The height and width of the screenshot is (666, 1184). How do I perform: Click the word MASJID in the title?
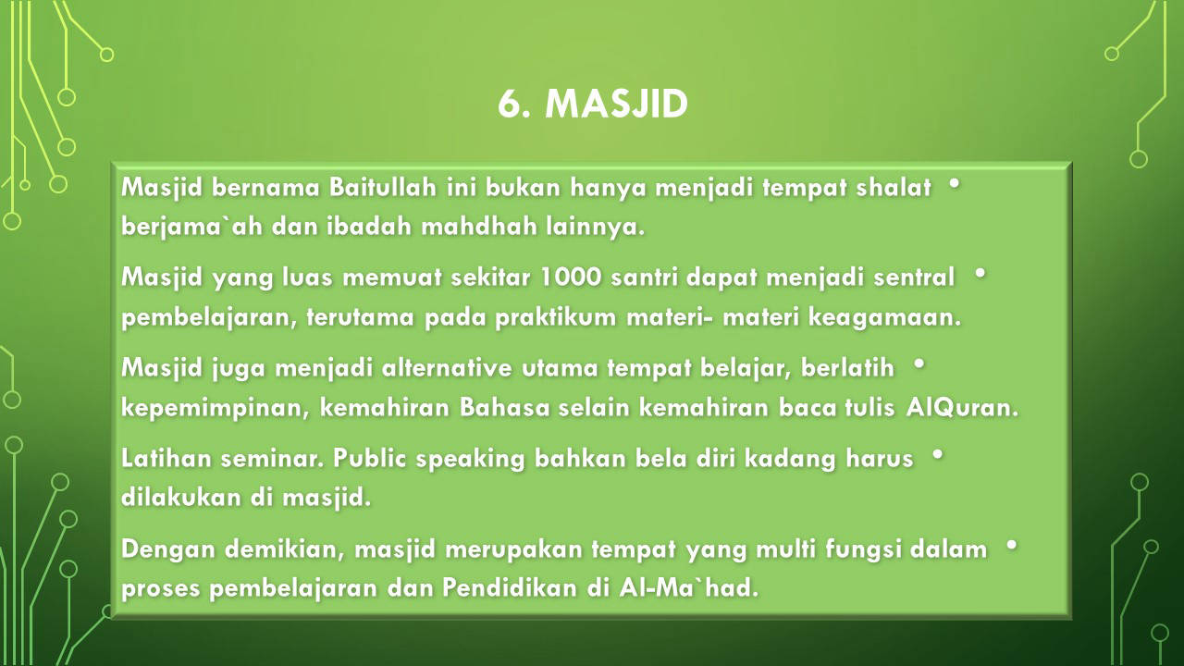pyautogui.click(x=616, y=104)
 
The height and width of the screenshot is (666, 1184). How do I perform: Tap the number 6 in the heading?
pyautogui.click(x=510, y=104)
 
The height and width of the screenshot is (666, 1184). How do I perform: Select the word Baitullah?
pyautogui.click(x=383, y=187)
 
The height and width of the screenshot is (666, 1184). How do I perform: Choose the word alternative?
pyautogui.click(x=447, y=367)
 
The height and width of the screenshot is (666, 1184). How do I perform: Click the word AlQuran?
pyautogui.click(x=961, y=408)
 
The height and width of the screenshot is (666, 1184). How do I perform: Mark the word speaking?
pyautogui.click(x=470, y=459)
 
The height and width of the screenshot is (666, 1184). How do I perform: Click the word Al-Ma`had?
pyautogui.click(x=689, y=587)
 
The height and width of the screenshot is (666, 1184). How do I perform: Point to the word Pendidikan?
pyautogui.click(x=510, y=587)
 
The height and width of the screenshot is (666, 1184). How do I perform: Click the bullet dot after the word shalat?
pyautogui.click(x=954, y=183)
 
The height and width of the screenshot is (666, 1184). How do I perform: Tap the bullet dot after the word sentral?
pyautogui.click(x=980, y=273)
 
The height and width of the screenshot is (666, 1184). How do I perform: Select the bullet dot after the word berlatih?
pyautogui.click(x=919, y=364)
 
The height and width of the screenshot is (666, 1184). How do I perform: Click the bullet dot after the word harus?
pyautogui.click(x=938, y=454)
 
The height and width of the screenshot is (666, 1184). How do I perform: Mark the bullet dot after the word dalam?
pyautogui.click(x=1012, y=545)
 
